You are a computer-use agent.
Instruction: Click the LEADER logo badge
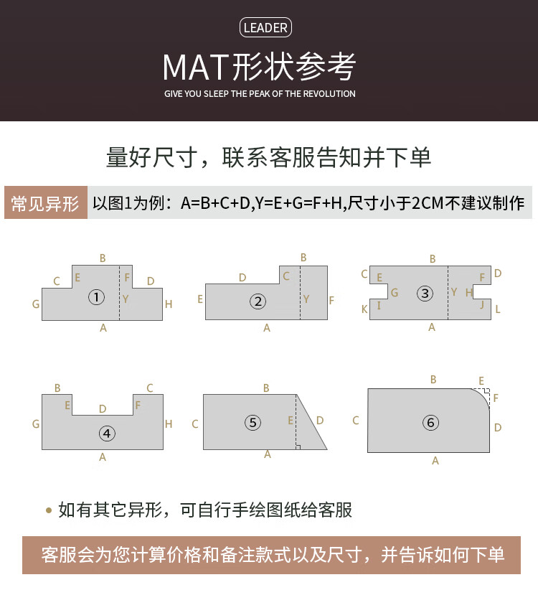265,27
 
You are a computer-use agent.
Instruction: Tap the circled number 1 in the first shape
96,297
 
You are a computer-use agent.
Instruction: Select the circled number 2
258,301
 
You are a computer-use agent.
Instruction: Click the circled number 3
425,293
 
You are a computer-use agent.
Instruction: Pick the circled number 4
107,434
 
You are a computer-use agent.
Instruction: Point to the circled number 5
253,422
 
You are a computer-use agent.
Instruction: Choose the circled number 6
430,423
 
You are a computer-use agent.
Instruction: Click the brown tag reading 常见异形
46,202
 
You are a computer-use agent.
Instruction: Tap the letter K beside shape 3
364,309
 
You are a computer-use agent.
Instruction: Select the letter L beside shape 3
498,309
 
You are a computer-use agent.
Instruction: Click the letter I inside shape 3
379,306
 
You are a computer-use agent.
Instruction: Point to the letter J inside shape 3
482,304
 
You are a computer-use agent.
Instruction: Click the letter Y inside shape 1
126,299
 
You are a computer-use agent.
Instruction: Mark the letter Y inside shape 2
306,299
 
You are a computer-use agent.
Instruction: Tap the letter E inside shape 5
291,421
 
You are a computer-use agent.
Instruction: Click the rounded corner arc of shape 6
483,395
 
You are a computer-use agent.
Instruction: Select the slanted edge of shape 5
311,422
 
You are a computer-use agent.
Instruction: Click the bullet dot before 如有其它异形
49,510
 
